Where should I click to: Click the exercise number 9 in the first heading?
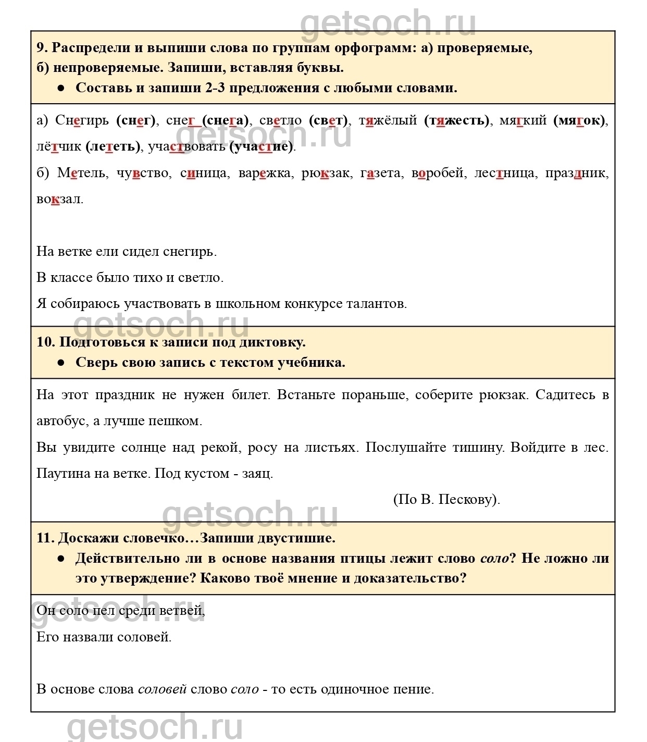click(x=41, y=48)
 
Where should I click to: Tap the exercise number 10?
click(x=45, y=342)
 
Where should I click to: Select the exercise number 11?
click(x=45, y=538)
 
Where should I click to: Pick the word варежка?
click(x=264, y=173)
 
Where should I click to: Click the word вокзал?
click(x=59, y=199)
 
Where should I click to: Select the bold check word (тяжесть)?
click(x=457, y=120)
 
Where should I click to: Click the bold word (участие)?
click(x=262, y=147)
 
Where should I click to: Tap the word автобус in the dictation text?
click(x=61, y=421)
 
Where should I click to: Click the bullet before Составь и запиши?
click(x=61, y=88)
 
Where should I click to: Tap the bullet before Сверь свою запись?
click(x=61, y=363)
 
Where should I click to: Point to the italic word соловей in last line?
click(x=162, y=689)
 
